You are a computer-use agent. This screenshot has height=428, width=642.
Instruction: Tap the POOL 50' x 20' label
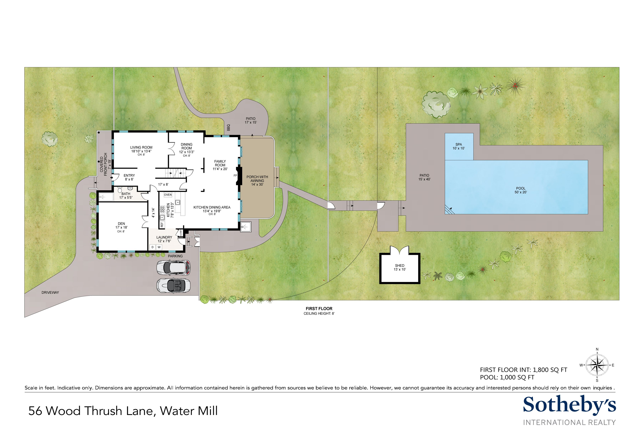pos(521,190)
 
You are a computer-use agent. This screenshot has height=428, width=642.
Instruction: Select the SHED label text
pos(400,266)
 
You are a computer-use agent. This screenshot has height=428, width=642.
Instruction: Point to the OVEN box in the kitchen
pos(168,195)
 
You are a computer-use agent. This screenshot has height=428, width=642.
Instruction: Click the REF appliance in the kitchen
pos(162,224)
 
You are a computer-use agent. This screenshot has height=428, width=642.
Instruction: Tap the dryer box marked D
pos(153,247)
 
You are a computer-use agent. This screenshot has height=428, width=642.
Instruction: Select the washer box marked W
pos(159,247)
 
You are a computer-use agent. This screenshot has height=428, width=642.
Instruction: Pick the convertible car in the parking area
pos(173,286)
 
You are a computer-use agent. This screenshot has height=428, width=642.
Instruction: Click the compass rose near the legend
pos(597,365)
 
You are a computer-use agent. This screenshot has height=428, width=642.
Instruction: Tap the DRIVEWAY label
pos(50,292)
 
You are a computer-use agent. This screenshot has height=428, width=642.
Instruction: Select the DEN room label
pos(121,224)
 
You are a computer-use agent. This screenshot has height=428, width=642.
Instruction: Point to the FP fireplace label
pos(235,175)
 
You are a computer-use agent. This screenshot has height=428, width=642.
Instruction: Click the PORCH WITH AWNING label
pos(257,179)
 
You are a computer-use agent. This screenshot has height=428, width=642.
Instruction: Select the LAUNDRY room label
pos(164,237)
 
